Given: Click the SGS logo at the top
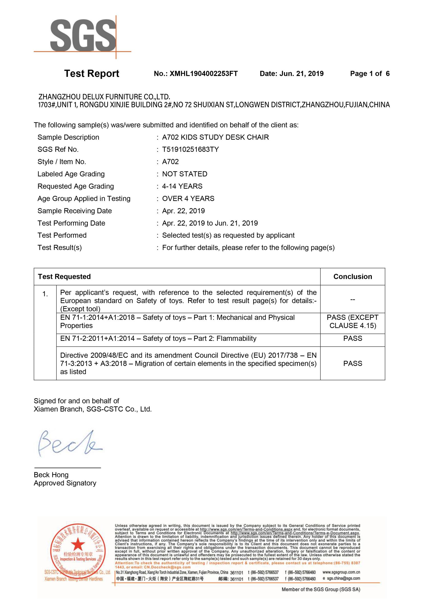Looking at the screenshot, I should [83, 35].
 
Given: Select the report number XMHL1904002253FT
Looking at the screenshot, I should [203, 74].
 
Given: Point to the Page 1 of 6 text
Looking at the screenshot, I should [370, 74].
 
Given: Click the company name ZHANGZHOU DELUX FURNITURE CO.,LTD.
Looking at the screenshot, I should [104, 97].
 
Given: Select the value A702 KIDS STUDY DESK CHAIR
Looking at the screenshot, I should [215, 137].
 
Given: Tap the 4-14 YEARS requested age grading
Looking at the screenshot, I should [182, 186].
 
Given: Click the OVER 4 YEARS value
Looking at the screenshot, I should [188, 198].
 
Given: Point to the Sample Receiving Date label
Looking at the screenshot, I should [74, 211].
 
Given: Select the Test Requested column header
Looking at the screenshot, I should [64, 277].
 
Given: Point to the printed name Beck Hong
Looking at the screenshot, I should [51, 475].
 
